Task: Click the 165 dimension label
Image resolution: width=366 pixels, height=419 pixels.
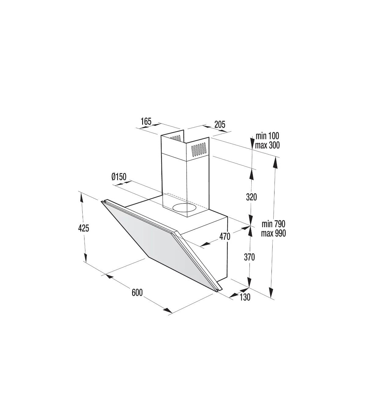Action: [146, 122]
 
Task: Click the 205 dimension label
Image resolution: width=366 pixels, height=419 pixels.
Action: [220, 124]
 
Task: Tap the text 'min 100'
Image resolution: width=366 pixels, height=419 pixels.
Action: [267, 136]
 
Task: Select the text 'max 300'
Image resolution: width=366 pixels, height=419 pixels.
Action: [267, 145]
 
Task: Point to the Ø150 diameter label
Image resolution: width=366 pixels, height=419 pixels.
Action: [119, 177]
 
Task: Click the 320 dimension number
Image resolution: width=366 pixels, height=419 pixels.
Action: [251, 197]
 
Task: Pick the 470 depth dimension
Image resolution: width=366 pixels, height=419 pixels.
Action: [225, 236]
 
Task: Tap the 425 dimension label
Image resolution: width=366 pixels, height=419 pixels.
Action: [84, 228]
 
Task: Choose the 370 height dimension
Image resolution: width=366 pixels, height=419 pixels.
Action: [249, 257]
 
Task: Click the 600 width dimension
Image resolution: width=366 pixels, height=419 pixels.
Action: [137, 293]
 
